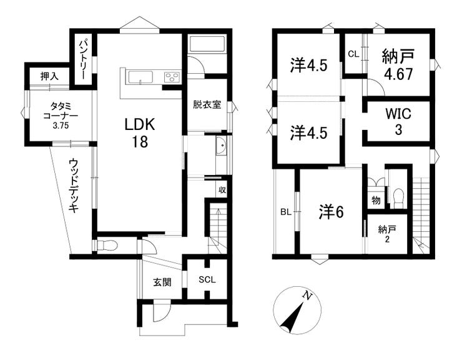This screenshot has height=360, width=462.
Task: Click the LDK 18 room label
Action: point(140,133)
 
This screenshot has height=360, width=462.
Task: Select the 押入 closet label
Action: point(49,76)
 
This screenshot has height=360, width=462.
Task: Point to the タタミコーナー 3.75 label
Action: point(61,116)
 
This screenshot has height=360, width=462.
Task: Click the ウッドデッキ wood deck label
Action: point(74,186)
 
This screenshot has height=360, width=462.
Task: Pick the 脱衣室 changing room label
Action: point(207,104)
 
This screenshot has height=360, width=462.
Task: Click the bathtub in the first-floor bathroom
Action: point(207,44)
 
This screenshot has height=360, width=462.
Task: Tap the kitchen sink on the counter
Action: point(140,77)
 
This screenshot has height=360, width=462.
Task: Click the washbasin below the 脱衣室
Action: point(221,146)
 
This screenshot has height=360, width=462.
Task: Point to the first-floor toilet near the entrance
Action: point(107,245)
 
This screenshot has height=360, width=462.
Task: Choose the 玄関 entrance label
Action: point(162,282)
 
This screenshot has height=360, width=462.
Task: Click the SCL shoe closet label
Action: point(207,279)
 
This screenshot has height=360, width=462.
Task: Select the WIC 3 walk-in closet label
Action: point(398,122)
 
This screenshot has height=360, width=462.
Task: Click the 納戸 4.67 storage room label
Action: point(398,65)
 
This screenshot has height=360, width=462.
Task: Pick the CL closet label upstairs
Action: point(353,54)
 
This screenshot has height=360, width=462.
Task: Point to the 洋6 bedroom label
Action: point(331,212)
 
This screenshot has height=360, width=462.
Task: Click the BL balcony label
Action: point(285,212)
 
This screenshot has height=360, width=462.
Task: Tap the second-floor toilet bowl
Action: point(398,196)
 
